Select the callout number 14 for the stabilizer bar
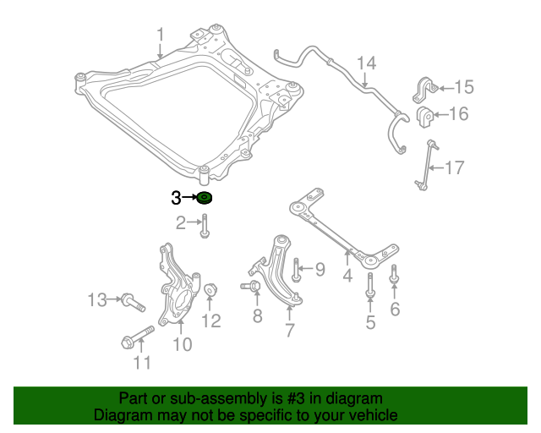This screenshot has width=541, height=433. click(365, 63)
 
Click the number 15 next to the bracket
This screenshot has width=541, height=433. click(465, 86)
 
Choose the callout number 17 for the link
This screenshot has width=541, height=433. click(454, 167)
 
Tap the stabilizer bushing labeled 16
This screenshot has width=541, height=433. click(424, 115)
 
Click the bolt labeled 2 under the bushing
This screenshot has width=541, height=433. click(205, 226)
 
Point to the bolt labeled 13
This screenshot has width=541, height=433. click(132, 300)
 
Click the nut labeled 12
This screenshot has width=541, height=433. click(211, 290)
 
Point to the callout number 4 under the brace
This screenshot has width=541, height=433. click(347, 276)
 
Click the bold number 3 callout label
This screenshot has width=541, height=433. click(176, 199)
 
